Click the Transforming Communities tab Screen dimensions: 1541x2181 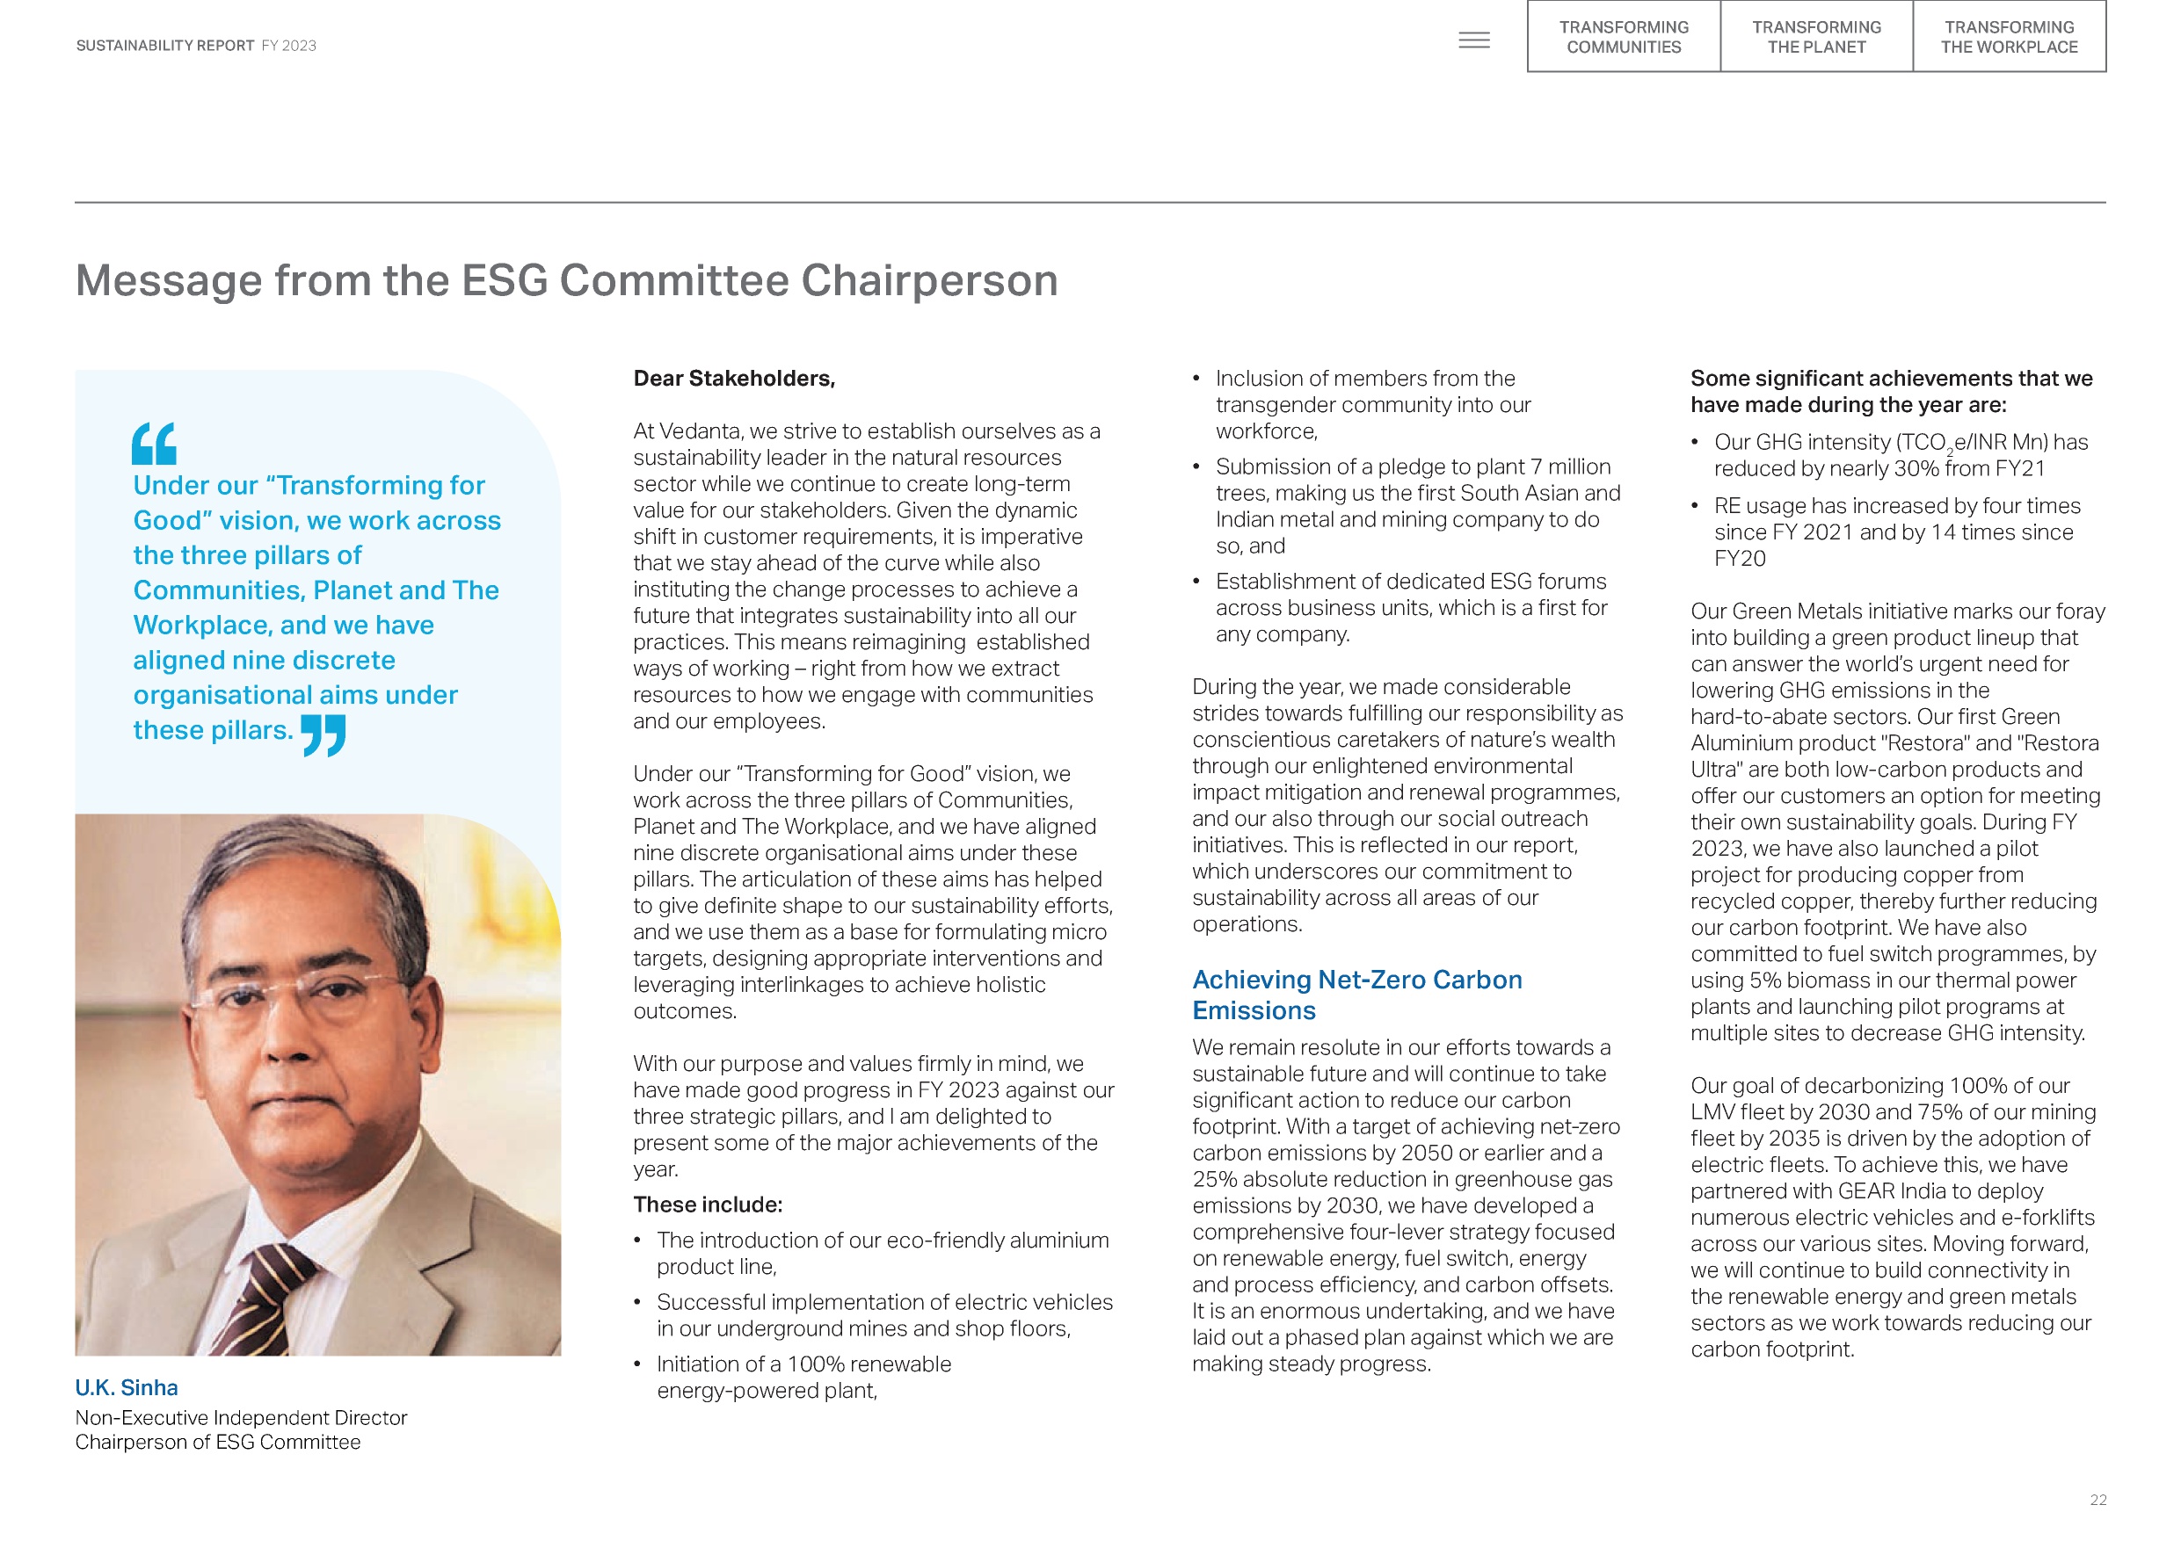[1624, 37]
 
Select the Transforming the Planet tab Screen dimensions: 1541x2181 [1816, 37]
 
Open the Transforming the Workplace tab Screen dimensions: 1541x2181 [2009, 37]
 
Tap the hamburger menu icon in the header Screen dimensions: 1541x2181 [1473, 40]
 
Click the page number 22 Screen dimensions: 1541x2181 [2098, 1501]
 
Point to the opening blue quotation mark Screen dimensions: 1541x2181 [154, 444]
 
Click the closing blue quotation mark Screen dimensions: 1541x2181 [323, 734]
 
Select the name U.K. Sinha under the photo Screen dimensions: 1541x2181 [127, 1388]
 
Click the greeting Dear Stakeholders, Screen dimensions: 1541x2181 [734, 379]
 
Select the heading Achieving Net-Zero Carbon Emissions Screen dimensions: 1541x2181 [1356, 995]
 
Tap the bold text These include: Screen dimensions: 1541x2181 [708, 1205]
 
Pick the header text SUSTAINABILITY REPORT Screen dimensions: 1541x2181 [165, 46]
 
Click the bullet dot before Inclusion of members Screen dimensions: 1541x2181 [1197, 379]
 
